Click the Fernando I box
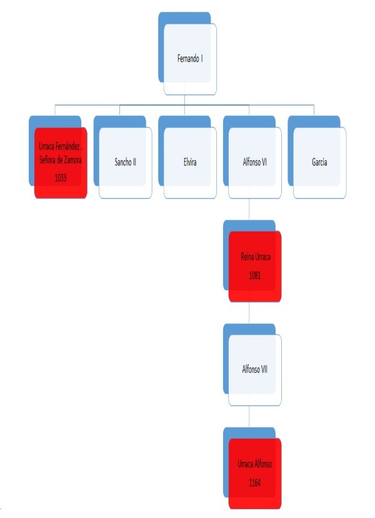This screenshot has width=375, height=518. click(191, 59)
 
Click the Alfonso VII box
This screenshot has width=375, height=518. click(255, 369)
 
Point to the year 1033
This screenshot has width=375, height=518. click(60, 178)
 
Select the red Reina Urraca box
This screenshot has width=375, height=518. click(255, 263)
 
